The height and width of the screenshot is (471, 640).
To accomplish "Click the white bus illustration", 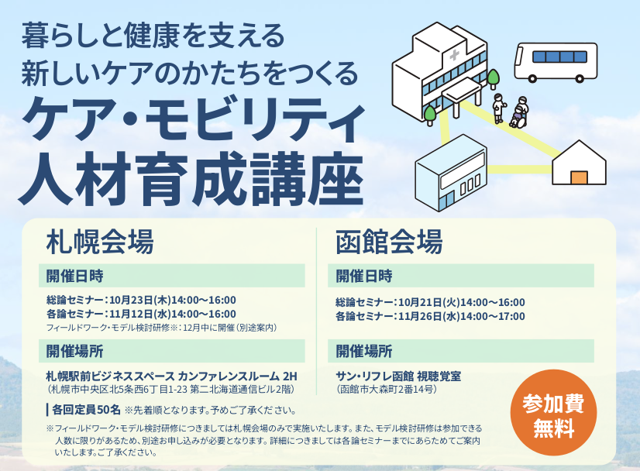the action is tap(556, 62).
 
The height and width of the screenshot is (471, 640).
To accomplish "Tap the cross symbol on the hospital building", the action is tap(454, 55).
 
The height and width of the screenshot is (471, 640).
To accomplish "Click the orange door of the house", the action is tap(579, 178).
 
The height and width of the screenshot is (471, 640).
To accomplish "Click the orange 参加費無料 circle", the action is tap(553, 416).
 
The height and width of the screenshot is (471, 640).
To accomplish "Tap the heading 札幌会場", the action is tap(100, 242).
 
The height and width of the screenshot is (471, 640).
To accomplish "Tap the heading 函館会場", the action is tap(389, 242).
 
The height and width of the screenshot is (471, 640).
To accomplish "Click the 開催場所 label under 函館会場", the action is tap(364, 351).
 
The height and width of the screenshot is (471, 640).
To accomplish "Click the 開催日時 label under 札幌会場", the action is tap(74, 276).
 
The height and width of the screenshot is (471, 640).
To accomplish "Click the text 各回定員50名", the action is tap(86, 409).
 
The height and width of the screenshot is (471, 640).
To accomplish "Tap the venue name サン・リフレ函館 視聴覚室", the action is tap(398, 376).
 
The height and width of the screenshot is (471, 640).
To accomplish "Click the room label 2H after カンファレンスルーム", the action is tap(290, 376).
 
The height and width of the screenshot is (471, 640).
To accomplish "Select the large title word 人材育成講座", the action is tap(191, 179).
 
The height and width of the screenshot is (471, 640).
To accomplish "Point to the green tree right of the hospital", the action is tap(493, 79).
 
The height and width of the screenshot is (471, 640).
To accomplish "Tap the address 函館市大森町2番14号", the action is tap(387, 390).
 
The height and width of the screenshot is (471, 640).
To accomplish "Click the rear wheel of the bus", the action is tap(580, 78).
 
